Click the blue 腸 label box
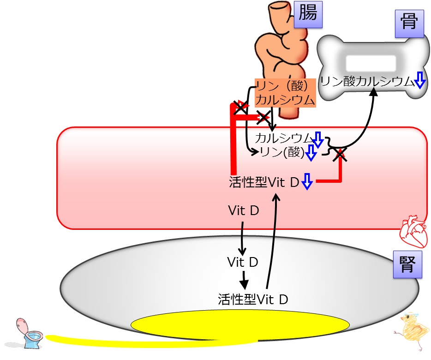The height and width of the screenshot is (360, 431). coord(308,14)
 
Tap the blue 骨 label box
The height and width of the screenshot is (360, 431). coord(409,24)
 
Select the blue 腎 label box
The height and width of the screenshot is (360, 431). coord(407,264)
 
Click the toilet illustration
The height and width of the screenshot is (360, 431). coord(28,333)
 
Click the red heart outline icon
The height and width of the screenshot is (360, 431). coord(413,231)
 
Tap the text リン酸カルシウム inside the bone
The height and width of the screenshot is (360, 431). coord(367,81)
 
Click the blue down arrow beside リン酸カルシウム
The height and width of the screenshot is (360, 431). coord(420,80)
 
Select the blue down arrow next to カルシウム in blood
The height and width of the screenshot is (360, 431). coord(318,140)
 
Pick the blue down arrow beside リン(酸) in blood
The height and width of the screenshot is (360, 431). coord(311,153)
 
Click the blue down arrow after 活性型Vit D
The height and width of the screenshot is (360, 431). coord(307,181)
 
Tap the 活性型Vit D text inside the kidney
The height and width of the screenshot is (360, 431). coord(253,299)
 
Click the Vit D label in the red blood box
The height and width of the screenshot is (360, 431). coord(244,210)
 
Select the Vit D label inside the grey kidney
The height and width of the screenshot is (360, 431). coord(242,262)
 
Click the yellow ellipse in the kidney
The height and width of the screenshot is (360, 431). coord(240,325)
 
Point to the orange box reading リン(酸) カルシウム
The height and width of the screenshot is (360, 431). coord(285,93)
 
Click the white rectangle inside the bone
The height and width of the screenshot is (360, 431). coord(371,63)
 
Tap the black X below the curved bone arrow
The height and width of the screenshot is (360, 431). coord(340,155)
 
